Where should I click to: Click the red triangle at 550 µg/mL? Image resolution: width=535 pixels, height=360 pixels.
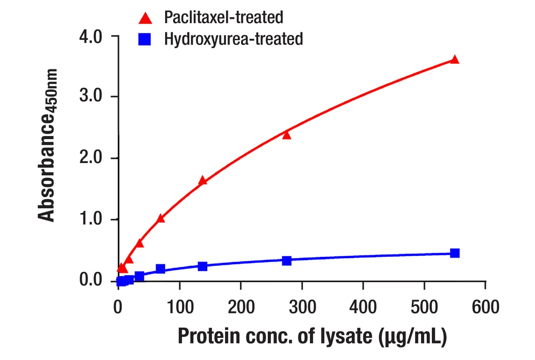point(454,60)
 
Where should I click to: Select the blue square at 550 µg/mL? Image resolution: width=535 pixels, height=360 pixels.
point(454,253)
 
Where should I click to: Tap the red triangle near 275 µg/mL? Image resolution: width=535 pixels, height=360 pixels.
point(286,135)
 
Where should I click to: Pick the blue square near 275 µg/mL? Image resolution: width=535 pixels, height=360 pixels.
point(286,261)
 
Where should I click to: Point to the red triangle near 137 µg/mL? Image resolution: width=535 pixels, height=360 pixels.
point(203,180)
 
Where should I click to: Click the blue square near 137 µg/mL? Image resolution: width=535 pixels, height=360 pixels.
point(203,266)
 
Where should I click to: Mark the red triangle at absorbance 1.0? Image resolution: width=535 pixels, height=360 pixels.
point(160,218)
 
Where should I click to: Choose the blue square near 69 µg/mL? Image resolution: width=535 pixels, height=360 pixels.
point(160,269)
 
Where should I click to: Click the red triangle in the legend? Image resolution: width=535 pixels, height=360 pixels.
point(145,18)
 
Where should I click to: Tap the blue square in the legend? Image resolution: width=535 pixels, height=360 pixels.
point(145,39)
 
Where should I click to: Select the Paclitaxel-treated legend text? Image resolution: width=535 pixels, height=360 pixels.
point(223,18)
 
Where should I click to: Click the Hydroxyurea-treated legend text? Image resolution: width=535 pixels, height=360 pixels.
point(233,39)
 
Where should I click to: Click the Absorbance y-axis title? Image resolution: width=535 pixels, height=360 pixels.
point(47,145)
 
